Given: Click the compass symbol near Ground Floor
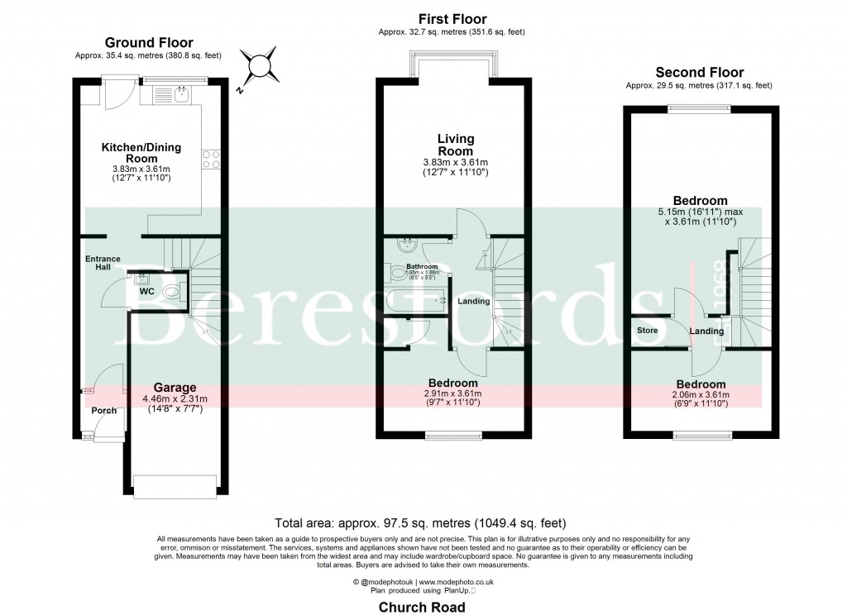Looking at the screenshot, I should point(261,65).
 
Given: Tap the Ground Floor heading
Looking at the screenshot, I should point(149,43).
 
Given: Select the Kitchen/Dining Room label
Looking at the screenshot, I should point(141,153).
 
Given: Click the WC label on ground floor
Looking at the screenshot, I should point(146,292).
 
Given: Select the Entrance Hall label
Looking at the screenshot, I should point(103,264).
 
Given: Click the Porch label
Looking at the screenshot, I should point(104,411).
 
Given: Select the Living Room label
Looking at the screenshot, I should point(456,145).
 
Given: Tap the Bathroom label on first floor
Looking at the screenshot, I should point(422,266).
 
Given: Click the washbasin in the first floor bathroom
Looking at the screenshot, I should point(405,244).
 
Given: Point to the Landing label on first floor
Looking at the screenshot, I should point(473,301).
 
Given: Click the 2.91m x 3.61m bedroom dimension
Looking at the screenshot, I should point(452,393).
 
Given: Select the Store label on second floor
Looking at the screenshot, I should point(647,331).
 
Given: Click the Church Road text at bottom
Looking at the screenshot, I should point(422,608).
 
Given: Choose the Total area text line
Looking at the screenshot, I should point(420,522).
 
